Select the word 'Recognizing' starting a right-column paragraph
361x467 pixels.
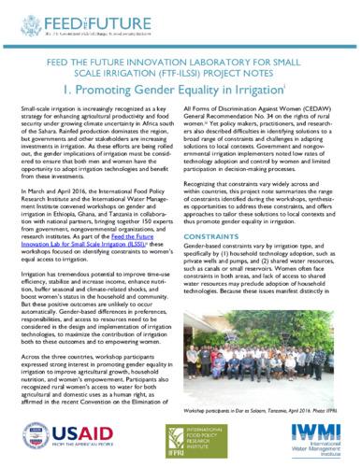tap(209, 173)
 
